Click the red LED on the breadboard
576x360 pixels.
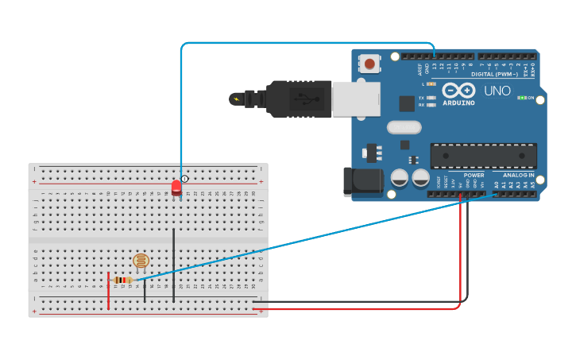click(x=176, y=187)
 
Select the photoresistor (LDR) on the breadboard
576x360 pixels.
click(x=141, y=261)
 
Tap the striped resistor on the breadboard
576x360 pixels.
click(x=123, y=280)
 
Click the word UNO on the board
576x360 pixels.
click(x=497, y=91)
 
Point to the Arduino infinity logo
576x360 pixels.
click(x=458, y=90)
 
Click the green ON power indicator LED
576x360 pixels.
click(x=520, y=98)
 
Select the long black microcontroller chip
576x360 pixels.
click(x=483, y=155)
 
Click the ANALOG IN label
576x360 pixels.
click(x=518, y=175)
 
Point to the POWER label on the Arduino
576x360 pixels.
click(x=474, y=175)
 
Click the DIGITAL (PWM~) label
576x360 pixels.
click(x=493, y=74)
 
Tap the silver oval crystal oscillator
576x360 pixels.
click(x=404, y=127)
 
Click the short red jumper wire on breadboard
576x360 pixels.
click(x=109, y=290)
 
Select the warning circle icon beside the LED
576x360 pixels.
click(x=184, y=180)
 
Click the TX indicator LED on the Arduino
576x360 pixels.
click(x=431, y=98)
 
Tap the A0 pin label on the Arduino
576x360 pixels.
click(x=496, y=184)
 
